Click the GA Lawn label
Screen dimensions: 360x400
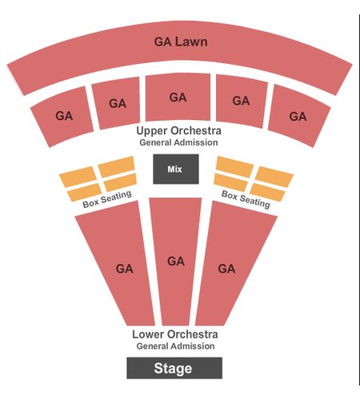pyautogui.click(x=181, y=42)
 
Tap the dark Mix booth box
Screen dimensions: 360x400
pyautogui.click(x=176, y=169)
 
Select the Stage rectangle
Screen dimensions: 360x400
pyautogui.click(x=174, y=368)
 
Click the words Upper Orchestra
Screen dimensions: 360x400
pyautogui.click(x=178, y=130)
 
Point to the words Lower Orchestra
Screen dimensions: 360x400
pyautogui.click(x=175, y=334)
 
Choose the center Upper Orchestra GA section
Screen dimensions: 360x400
pyautogui.click(x=178, y=97)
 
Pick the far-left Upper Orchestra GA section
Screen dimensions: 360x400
pyautogui.click(x=62, y=117)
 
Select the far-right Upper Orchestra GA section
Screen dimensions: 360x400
pyautogui.click(x=299, y=116)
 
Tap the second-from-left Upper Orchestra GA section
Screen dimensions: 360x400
pyautogui.click(x=116, y=103)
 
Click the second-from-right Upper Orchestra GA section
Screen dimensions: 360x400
pyautogui.click(x=241, y=101)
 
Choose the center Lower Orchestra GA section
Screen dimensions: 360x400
pyautogui.click(x=175, y=262)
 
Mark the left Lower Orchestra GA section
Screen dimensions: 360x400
pyautogui.click(x=118, y=264)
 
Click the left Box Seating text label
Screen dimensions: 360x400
pyautogui.click(x=107, y=199)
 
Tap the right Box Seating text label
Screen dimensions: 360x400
pyautogui.click(x=246, y=199)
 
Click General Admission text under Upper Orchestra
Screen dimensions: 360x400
pyautogui.click(x=178, y=142)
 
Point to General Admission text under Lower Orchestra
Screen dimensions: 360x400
pyautogui.click(x=175, y=346)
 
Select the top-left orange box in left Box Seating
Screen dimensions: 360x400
pyautogui.click(x=78, y=177)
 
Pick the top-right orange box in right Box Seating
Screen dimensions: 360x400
pyautogui.click(x=274, y=177)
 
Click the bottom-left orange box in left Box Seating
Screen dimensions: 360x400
pyautogui.click(x=84, y=192)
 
